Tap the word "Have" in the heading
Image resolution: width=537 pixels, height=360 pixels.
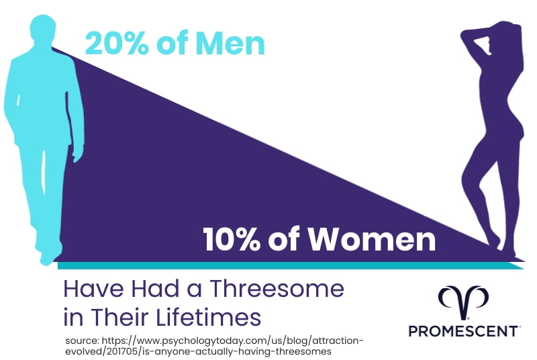pos(87,289)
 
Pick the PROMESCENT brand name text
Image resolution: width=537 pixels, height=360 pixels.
pos(464,331)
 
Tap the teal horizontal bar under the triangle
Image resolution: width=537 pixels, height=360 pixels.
pos(289,265)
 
